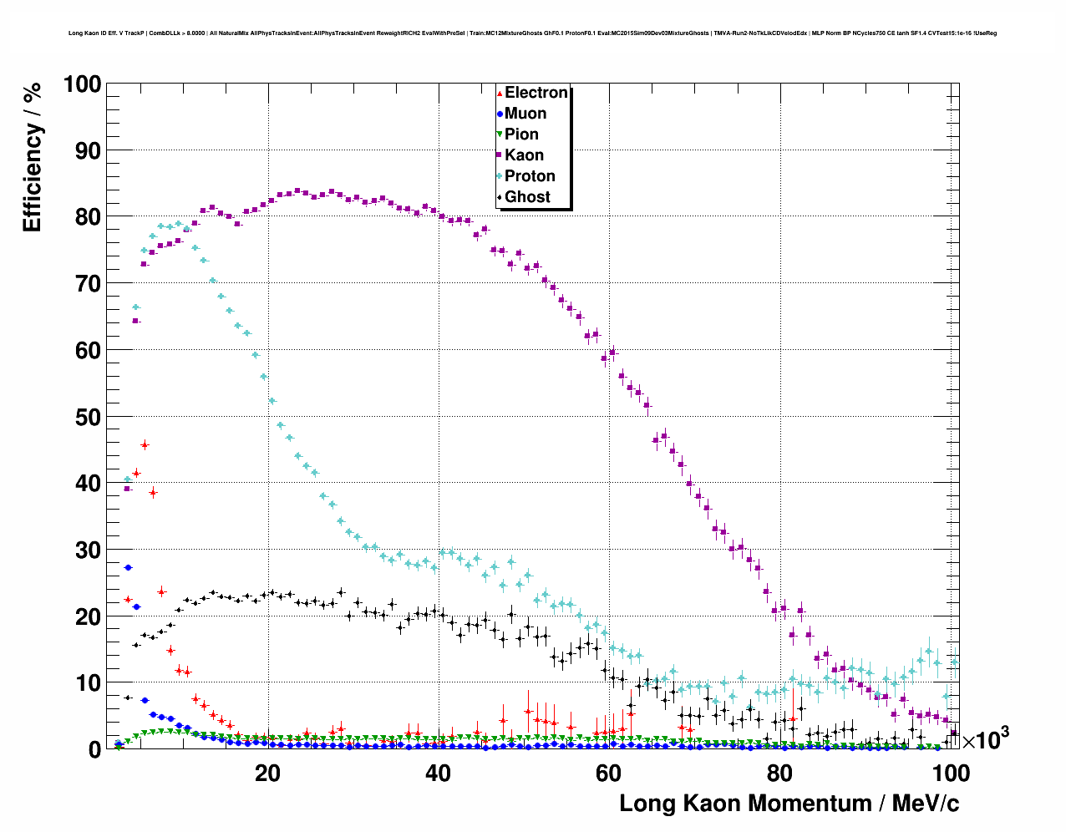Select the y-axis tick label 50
pyautogui.click(x=88, y=417)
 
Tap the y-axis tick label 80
pyautogui.click(x=88, y=217)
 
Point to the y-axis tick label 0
pyautogui.click(x=94, y=749)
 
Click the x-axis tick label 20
pyautogui.click(x=267, y=774)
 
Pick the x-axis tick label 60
pyautogui.click(x=608, y=774)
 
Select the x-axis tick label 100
pyautogui.click(x=950, y=774)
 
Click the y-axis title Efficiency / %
pyautogui.click(x=32, y=156)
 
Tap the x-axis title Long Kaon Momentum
pyautogui.click(x=789, y=804)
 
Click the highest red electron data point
pyautogui.click(x=145, y=444)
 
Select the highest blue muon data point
pyautogui.click(x=129, y=567)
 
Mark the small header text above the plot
pyautogui.click(x=532, y=33)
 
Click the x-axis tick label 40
pyautogui.click(x=438, y=774)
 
